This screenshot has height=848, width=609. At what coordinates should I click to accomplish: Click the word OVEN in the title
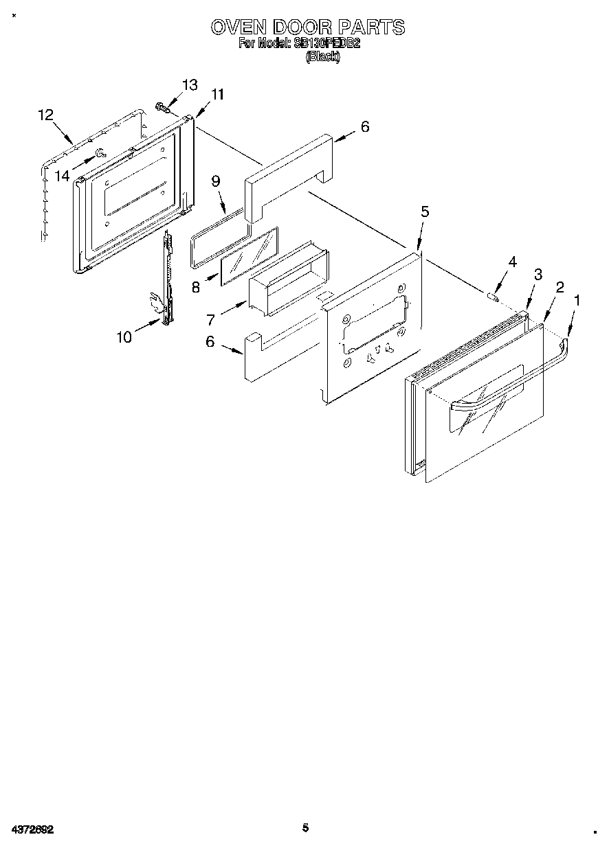(239, 27)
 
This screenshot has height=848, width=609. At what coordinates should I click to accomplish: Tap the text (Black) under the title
(322, 57)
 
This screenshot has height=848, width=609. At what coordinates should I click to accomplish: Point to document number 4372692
(32, 829)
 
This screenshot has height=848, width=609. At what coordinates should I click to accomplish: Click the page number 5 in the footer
(305, 828)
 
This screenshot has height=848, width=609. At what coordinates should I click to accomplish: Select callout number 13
(190, 85)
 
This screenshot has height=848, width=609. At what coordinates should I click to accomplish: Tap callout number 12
(45, 115)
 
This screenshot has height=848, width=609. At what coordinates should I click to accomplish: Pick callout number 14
(63, 176)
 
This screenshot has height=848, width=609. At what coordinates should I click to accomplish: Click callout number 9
(215, 181)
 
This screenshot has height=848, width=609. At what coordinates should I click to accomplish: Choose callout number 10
(124, 337)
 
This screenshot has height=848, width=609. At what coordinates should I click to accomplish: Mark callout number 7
(210, 319)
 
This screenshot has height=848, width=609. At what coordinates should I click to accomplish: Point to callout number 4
(512, 262)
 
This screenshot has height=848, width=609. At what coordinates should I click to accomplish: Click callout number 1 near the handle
(577, 300)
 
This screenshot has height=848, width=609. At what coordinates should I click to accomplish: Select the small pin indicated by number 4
(492, 297)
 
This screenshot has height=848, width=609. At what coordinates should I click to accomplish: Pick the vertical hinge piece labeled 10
(166, 282)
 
